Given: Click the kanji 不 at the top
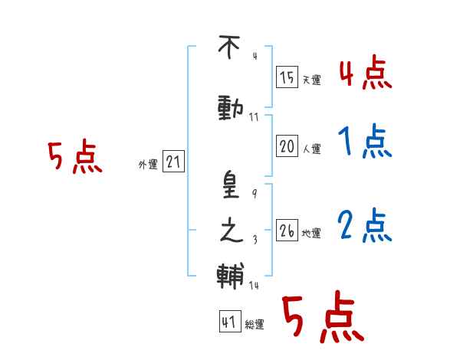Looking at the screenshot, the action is click(x=229, y=47).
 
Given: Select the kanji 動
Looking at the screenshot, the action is click(x=231, y=109).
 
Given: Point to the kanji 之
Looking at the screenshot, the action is click(x=232, y=231).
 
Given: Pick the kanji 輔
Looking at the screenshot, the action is click(x=231, y=276).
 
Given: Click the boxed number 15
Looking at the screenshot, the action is click(x=287, y=77).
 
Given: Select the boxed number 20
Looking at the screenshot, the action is click(x=287, y=146).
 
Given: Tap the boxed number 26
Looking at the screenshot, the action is click(x=287, y=230).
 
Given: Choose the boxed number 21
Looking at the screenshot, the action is click(x=173, y=161).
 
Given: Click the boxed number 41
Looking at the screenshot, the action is click(x=230, y=321).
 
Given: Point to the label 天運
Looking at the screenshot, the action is click(x=311, y=80).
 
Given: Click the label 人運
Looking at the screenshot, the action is click(x=311, y=149).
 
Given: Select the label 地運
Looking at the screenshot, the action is click(x=311, y=234).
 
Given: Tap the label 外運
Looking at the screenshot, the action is click(x=148, y=165).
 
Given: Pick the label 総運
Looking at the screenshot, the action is click(x=255, y=325).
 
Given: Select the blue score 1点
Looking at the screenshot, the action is click(x=365, y=141).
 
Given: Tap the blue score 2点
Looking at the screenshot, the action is click(x=365, y=225).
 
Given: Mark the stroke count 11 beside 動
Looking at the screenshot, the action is click(x=254, y=117).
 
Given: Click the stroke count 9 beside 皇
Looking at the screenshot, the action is click(x=255, y=194).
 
